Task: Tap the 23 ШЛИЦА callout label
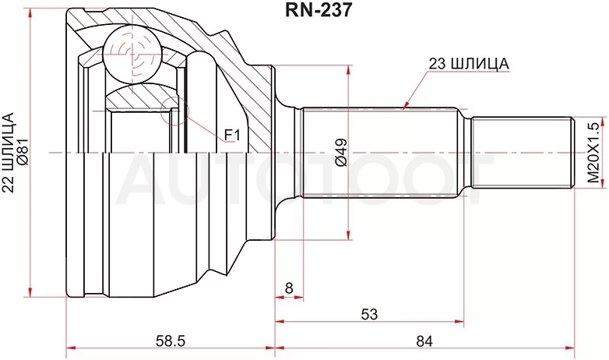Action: pos(468,65)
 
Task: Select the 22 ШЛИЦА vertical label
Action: pos(9,152)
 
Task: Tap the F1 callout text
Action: pos(232,136)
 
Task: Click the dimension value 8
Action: pos(289,288)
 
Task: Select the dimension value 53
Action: pos(369,313)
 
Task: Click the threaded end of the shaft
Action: pos(523,153)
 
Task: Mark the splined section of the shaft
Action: pos(378,153)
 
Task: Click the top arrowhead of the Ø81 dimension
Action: pos(30,12)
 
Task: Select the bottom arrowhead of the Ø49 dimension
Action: pos(349,235)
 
